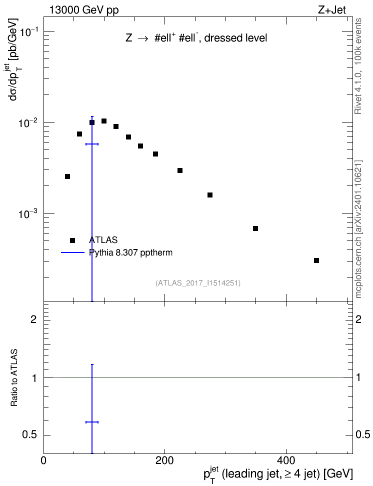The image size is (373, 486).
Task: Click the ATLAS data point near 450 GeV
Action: (316, 260)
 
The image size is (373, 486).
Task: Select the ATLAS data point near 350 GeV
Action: (255, 228)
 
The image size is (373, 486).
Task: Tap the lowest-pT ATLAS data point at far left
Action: (67, 176)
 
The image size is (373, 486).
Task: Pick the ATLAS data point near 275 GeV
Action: (210, 195)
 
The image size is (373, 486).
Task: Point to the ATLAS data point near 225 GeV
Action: (180, 170)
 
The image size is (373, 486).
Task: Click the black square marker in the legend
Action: (72, 240)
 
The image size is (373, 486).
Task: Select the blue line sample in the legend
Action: (72, 252)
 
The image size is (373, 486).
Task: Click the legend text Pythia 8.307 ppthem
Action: (130, 253)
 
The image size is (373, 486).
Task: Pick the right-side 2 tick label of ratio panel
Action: (358, 319)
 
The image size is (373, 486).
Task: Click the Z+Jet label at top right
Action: (332, 10)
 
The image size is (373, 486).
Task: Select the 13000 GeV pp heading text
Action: (83, 10)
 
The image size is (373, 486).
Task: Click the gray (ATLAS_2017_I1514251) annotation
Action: (198, 283)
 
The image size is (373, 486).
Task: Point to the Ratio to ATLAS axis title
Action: (14, 377)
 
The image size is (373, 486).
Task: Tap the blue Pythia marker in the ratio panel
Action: (92, 422)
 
